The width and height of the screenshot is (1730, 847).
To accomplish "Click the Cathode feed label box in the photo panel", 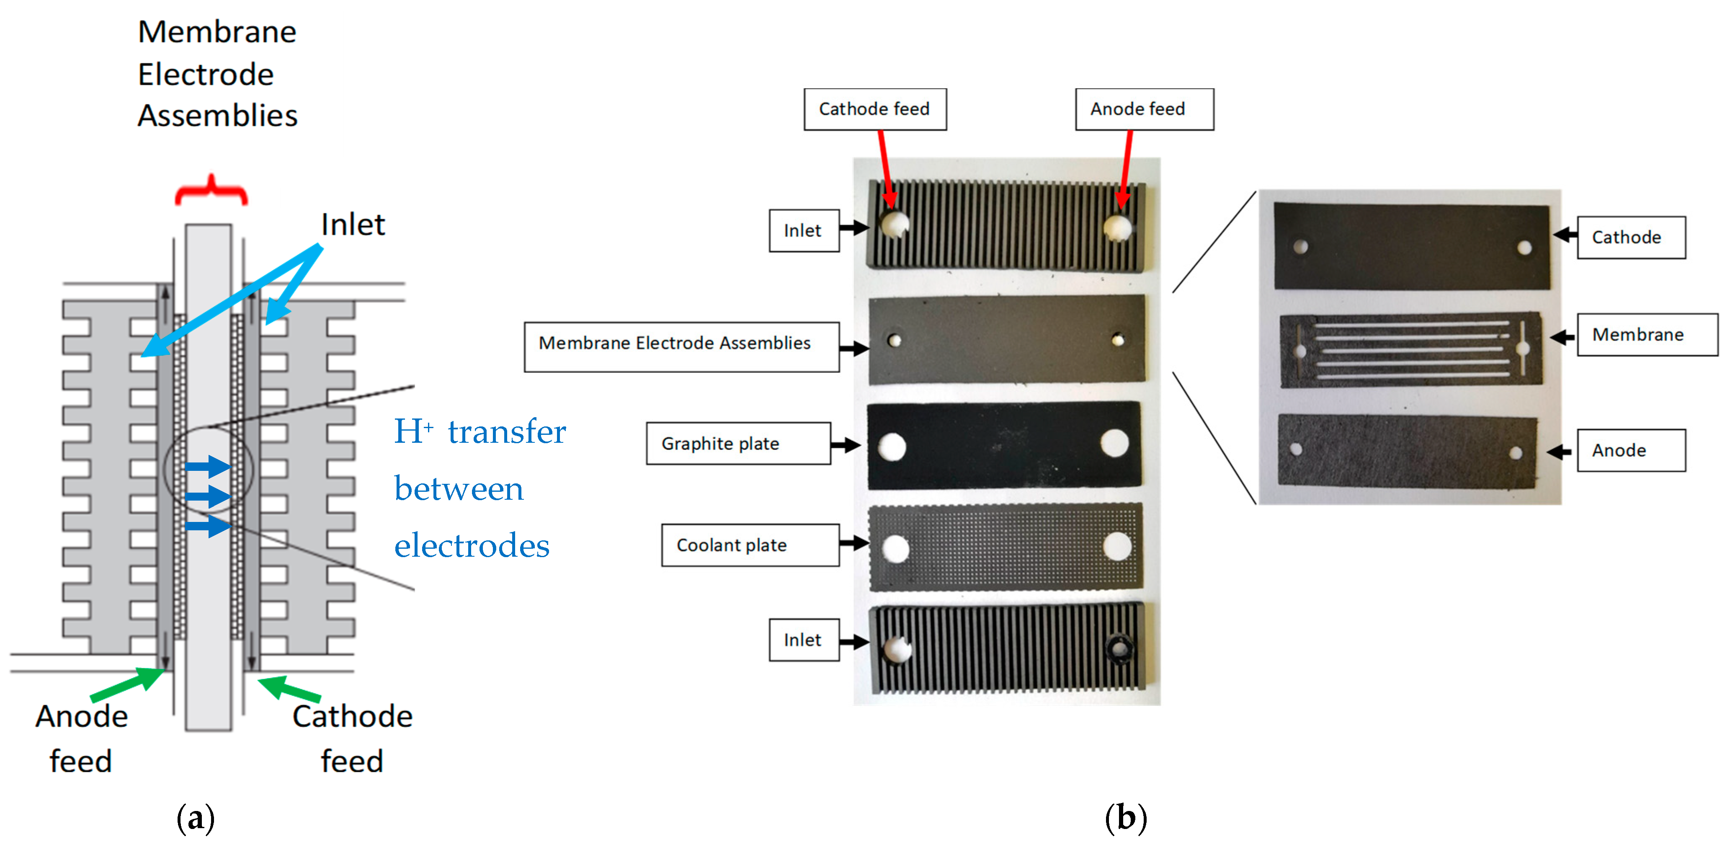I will point(874,109).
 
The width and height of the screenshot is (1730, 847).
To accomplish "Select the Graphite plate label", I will point(737,443).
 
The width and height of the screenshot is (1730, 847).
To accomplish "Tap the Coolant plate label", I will point(750,545).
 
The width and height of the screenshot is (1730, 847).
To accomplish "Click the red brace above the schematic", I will point(211,190).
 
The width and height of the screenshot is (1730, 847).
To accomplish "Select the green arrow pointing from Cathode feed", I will point(289,689).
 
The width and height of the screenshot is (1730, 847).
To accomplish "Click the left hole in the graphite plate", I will point(892,446).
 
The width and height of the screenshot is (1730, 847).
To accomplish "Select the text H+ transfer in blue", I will point(480,431).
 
